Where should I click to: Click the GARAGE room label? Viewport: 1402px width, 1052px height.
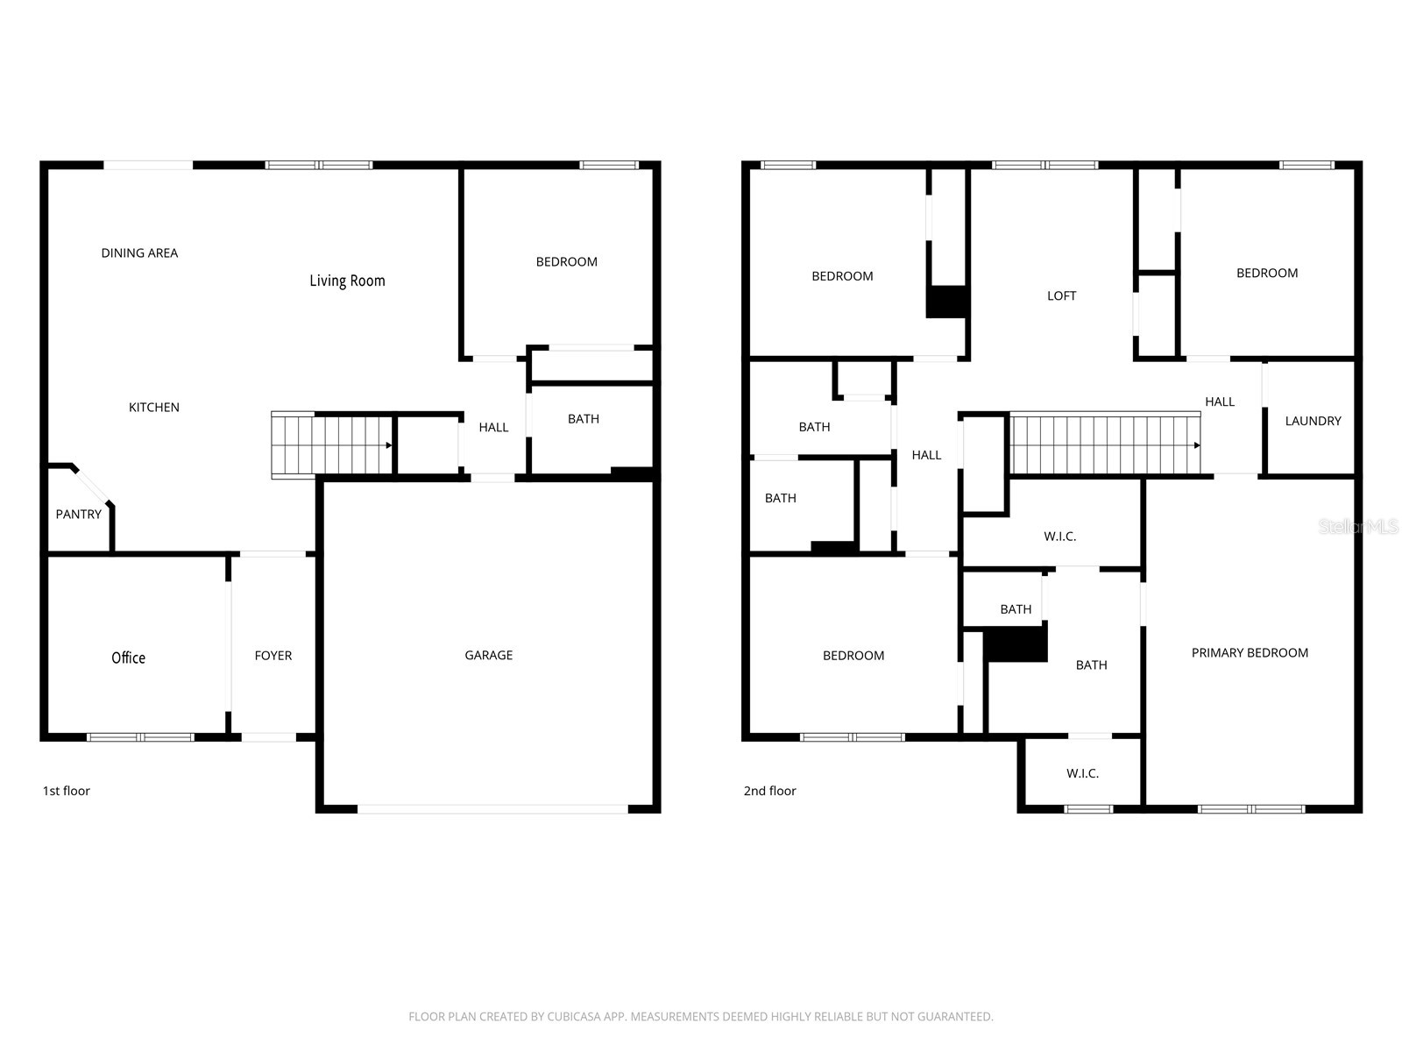tap(489, 655)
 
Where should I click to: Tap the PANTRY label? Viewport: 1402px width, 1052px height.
tap(79, 514)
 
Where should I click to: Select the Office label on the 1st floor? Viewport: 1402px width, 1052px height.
tap(128, 657)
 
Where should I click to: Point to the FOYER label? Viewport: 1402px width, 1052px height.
tap(273, 655)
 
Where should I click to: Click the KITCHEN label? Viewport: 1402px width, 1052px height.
tap(154, 407)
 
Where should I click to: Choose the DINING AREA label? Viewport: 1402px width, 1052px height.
tap(139, 252)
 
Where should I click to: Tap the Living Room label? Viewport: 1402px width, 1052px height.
tap(347, 281)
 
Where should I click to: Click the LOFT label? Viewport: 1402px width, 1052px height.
tap(1061, 295)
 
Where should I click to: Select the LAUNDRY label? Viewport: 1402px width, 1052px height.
tap(1313, 421)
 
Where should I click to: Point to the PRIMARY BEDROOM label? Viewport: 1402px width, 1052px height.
tap(1250, 652)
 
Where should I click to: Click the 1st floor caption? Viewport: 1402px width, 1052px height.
tap(67, 791)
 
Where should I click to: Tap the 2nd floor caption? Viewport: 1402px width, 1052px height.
tap(770, 791)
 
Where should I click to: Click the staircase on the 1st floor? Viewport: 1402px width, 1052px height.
tap(331, 445)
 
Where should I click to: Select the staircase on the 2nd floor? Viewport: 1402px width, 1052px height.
tap(1104, 444)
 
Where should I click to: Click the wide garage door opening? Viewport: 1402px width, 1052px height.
tap(492, 808)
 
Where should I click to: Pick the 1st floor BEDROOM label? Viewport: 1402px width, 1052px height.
tap(567, 261)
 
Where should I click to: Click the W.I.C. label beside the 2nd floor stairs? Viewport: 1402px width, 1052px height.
tap(1060, 536)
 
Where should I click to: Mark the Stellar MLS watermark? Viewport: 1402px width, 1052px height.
tap(1358, 526)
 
